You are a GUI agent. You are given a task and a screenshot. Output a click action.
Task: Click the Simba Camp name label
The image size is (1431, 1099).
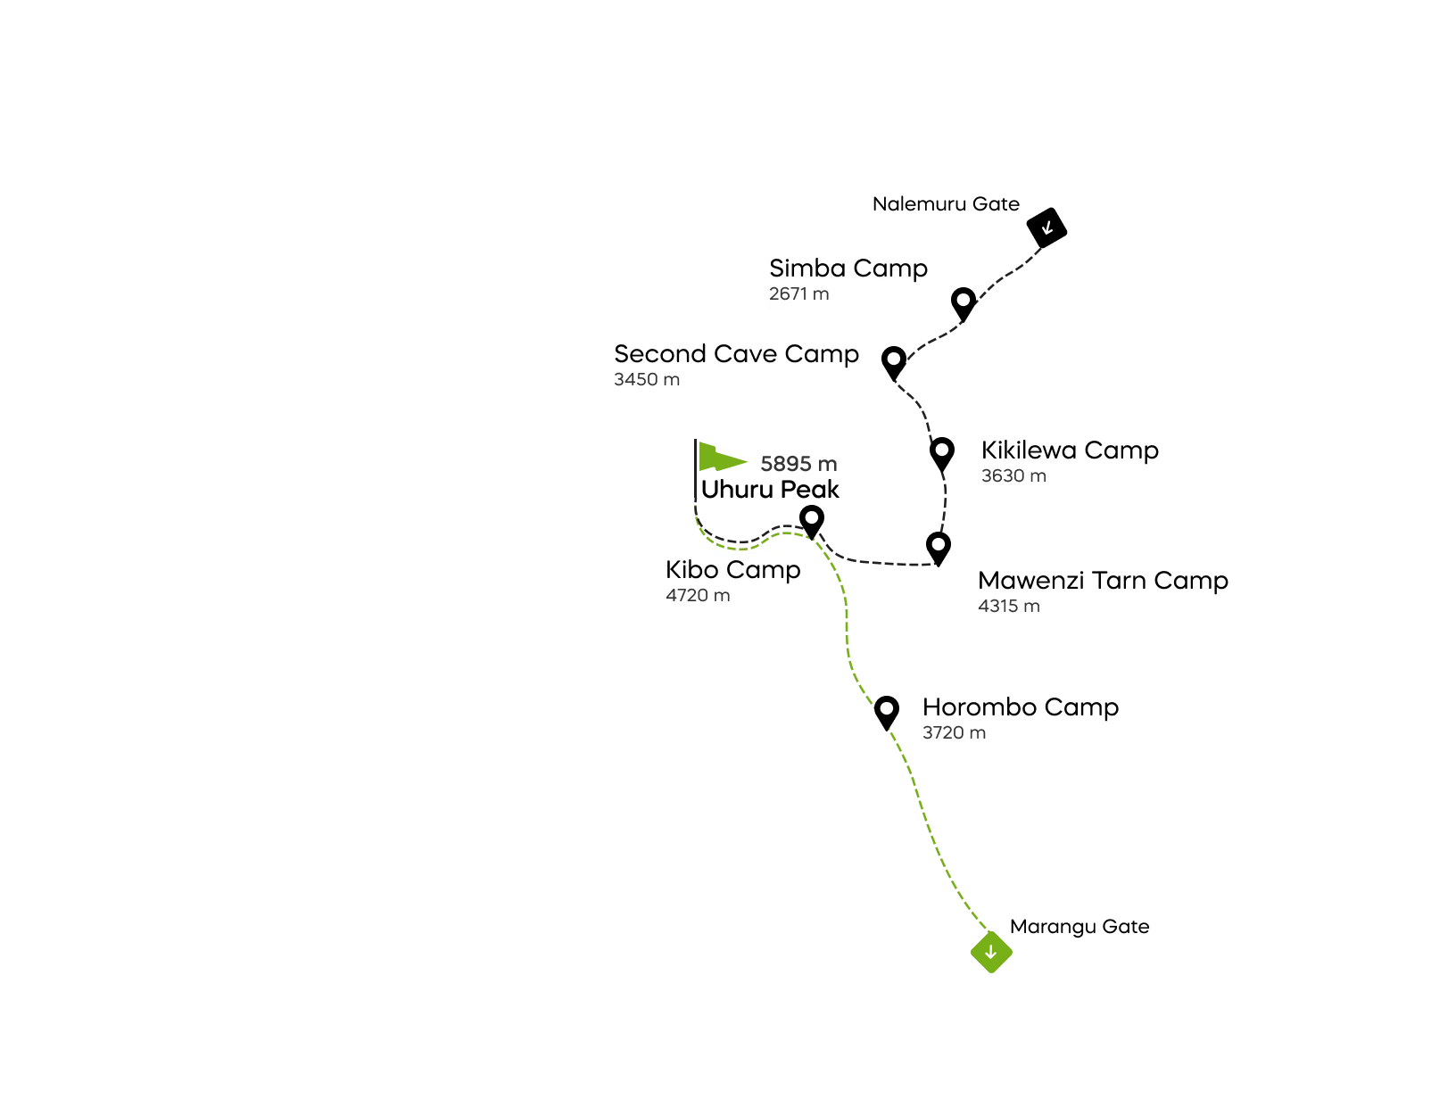point(848,268)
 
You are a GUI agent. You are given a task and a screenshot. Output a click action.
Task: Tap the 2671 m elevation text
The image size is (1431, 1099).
point(798,293)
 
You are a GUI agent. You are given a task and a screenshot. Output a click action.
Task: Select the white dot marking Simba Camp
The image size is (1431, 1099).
point(964,300)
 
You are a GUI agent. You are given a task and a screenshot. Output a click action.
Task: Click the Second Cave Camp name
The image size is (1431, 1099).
point(736,353)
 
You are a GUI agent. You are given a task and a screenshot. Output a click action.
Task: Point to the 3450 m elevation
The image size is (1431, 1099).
point(646,379)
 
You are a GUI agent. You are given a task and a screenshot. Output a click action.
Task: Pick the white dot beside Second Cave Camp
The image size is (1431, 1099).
point(893,359)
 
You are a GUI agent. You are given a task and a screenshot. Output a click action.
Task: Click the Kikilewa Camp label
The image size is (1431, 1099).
point(1070,450)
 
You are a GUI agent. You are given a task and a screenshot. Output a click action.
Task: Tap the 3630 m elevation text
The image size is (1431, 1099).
point(1013,475)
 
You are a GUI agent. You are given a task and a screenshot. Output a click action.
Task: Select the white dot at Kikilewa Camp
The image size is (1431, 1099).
point(942,450)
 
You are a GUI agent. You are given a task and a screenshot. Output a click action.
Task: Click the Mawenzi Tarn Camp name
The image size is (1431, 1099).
point(1103,580)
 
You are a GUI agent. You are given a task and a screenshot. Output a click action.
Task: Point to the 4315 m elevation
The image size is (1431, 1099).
point(1008,606)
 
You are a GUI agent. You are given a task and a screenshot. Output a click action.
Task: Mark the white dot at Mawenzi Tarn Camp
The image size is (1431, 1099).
point(939,543)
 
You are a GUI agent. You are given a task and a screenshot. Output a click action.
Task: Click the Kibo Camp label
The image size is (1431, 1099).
point(732,569)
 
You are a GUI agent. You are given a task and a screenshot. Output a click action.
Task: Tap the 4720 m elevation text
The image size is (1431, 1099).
point(697,595)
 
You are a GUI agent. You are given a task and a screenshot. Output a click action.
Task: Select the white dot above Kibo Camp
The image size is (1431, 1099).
point(812,517)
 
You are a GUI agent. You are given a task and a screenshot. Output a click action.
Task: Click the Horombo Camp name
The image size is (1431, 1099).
point(1020,706)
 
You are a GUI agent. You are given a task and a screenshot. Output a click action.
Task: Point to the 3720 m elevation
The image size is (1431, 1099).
point(954,732)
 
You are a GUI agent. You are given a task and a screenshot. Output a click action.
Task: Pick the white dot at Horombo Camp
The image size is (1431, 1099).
point(887,708)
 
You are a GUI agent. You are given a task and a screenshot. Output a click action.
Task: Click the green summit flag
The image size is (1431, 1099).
point(719,457)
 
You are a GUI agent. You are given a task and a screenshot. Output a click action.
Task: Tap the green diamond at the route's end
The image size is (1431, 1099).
point(991,954)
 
